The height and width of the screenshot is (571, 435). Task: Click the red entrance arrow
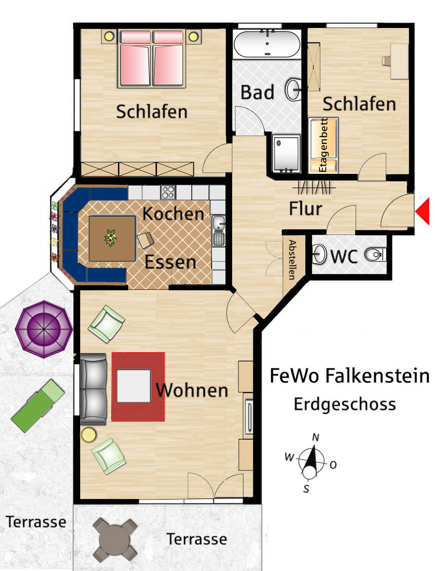[424, 211]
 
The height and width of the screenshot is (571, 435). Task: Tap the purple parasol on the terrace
[43, 329]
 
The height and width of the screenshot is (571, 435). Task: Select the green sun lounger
[38, 406]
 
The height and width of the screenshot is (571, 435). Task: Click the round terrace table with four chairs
[115, 540]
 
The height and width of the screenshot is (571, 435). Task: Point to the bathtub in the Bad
[267, 43]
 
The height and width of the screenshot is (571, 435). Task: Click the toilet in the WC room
[374, 255]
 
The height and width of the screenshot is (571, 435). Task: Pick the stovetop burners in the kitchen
[168, 192]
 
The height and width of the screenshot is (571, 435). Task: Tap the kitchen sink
[219, 230]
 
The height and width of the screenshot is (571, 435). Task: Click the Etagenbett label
[323, 145]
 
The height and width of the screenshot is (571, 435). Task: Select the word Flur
[305, 209]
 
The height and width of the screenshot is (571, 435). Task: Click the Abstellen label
[292, 259]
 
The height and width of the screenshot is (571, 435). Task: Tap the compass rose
[311, 462]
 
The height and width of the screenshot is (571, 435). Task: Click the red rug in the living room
[138, 387]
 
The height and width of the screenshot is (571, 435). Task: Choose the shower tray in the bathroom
[287, 153]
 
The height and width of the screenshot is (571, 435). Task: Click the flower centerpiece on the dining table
[110, 238]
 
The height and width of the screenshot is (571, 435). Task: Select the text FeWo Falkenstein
[349, 375]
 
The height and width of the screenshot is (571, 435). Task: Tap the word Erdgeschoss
[345, 405]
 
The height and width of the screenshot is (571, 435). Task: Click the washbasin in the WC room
[320, 253]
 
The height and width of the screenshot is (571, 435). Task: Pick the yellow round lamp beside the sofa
[88, 435]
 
